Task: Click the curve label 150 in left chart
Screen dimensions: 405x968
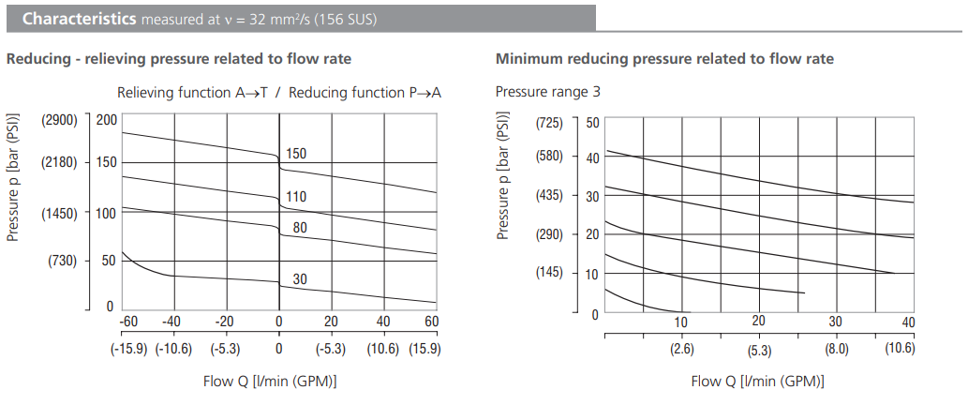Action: [x=296, y=154]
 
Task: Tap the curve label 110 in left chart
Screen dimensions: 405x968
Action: [x=296, y=197]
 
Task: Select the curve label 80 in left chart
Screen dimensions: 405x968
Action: [x=300, y=227]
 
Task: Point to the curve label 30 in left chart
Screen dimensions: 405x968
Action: [x=300, y=279]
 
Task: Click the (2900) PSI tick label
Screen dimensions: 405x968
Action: [x=59, y=120]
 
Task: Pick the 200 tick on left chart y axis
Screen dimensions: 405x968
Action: [x=106, y=120]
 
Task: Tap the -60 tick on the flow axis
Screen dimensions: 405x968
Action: [x=129, y=322]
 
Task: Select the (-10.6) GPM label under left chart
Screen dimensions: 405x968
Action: [x=173, y=349]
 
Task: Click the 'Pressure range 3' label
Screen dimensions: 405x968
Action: [x=547, y=92]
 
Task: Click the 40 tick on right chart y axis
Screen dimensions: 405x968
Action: [x=592, y=157]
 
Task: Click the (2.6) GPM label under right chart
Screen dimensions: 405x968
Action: [x=681, y=350]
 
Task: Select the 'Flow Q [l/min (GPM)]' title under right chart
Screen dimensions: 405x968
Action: [x=758, y=382]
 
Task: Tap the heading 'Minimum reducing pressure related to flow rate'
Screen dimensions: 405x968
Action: [x=664, y=59]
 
